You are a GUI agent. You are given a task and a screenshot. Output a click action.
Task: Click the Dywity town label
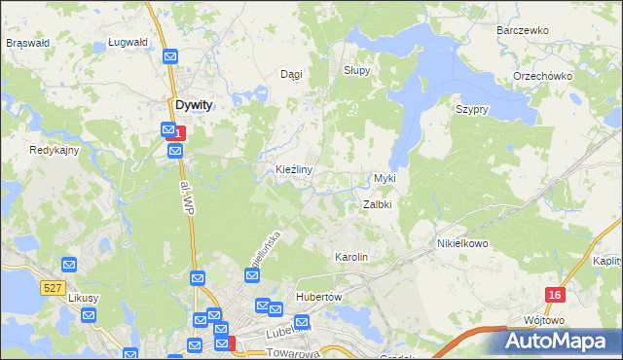pyautogui.click(x=194, y=104)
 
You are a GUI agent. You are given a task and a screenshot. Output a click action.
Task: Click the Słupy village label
pyautogui.click(x=358, y=71)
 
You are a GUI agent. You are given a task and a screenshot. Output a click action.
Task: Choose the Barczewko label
pyautogui.click(x=523, y=30)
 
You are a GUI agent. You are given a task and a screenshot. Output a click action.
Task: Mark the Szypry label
pyautogui.click(x=471, y=109)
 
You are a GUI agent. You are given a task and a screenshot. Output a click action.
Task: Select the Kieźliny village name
pyautogui.click(x=293, y=169)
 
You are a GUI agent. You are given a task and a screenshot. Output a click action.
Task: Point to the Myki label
pyautogui.click(x=385, y=179)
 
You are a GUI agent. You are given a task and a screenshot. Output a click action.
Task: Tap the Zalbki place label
pyautogui.click(x=377, y=205)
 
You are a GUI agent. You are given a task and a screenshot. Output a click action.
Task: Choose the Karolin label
pyautogui.click(x=351, y=257)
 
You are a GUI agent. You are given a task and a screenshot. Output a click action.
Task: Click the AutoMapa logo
pyautogui.click(x=560, y=341)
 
